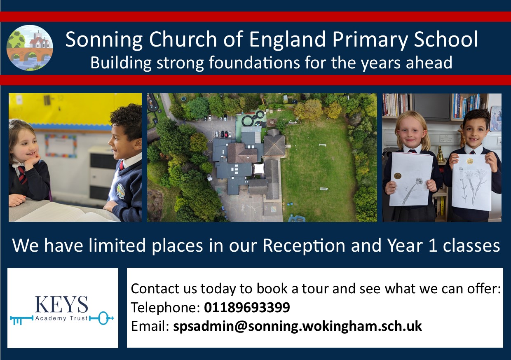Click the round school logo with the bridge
pyautogui.click(x=30, y=48)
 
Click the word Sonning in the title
pyautogui.click(x=104, y=40)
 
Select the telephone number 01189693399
pyautogui.click(x=247, y=307)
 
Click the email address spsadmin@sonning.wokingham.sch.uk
pyautogui.click(x=298, y=326)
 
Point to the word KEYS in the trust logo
pyautogui.click(x=61, y=304)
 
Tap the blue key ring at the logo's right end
pyautogui.click(x=103, y=318)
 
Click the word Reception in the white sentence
pyautogui.click(x=304, y=246)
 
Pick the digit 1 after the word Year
pyautogui.click(x=433, y=245)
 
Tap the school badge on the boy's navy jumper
pyautogui.click(x=120, y=190)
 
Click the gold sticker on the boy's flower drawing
pyautogui.click(x=470, y=161)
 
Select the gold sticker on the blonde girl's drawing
pyautogui.click(x=397, y=176)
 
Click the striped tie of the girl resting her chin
pyautogui.click(x=22, y=174)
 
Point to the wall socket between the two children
pyautogui.click(x=446, y=138)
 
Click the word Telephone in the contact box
pyautogui.click(x=165, y=308)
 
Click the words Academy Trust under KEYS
pyautogui.click(x=61, y=318)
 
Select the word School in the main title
pyautogui.click(x=446, y=40)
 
